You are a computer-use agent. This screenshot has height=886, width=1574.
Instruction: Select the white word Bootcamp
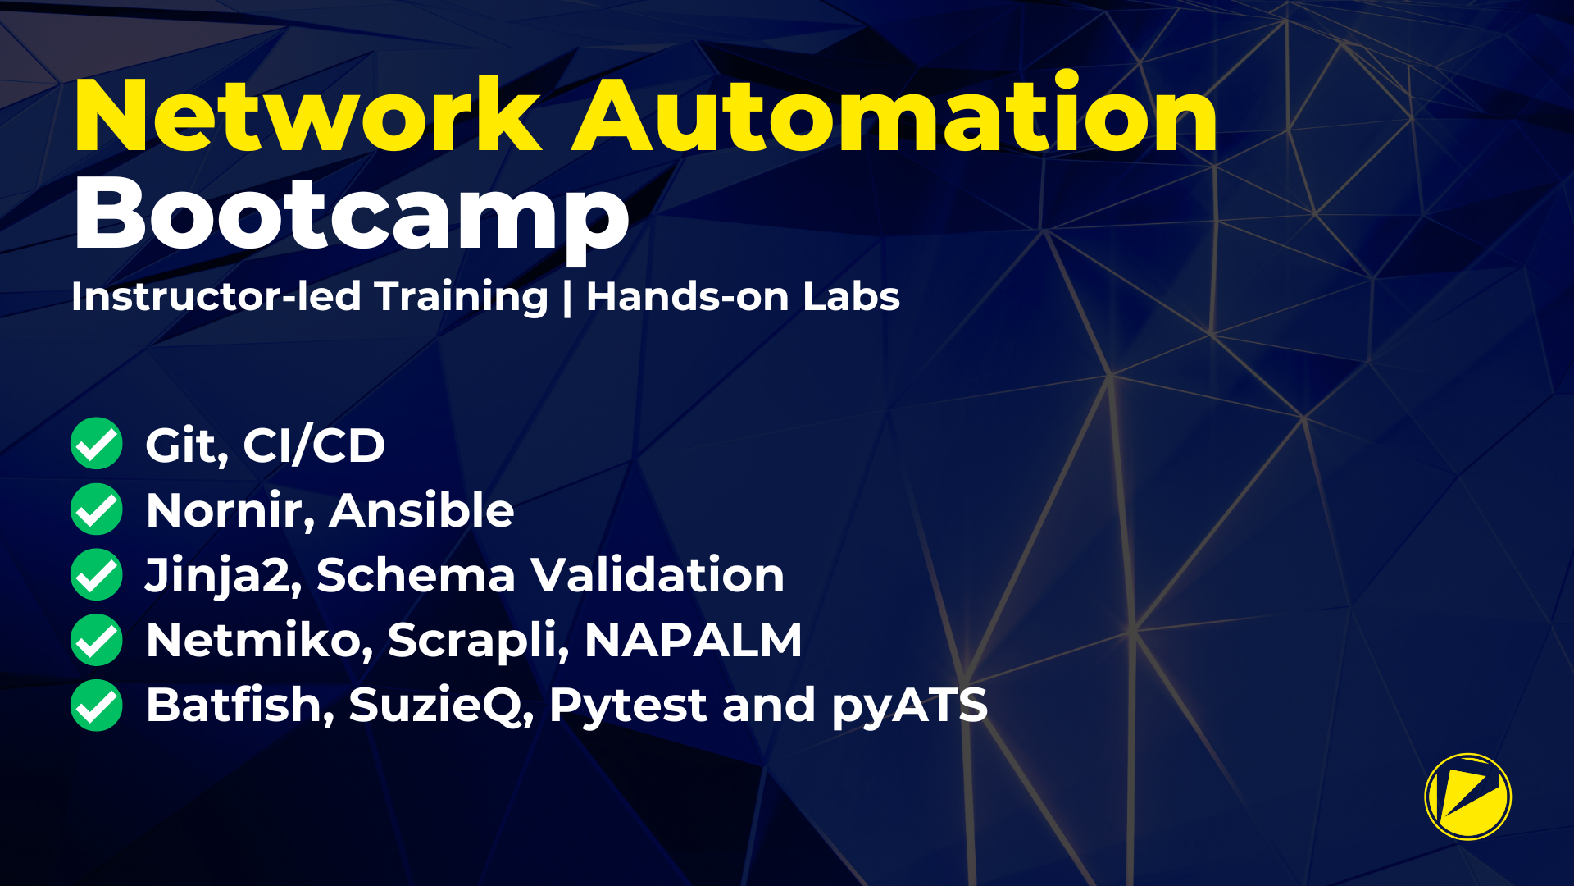(352, 215)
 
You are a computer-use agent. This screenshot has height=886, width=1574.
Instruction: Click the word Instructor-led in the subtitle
(216, 296)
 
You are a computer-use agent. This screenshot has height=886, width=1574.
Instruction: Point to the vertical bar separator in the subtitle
(567, 298)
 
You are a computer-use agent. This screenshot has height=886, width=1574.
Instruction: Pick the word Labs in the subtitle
(851, 296)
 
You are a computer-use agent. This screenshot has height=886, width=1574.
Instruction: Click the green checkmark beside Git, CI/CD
(97, 443)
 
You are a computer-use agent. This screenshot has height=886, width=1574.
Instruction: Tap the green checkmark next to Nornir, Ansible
(97, 509)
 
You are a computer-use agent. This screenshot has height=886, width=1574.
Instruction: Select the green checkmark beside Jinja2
(97, 574)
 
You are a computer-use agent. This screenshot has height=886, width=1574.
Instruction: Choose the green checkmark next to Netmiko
(97, 640)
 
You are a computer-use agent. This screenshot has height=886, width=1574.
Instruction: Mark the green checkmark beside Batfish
(97, 706)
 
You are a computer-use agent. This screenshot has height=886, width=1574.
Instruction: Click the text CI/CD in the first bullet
(314, 445)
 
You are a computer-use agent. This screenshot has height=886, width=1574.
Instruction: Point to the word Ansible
(421, 510)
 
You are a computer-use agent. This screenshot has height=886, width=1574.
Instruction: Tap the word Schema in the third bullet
(416, 575)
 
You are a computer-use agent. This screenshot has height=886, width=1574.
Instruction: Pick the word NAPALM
(693, 640)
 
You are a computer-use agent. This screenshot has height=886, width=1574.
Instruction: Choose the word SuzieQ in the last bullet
(441, 706)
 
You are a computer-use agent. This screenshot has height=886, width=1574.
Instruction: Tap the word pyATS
(909, 706)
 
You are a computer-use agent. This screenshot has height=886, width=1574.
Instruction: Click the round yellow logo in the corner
(1467, 797)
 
